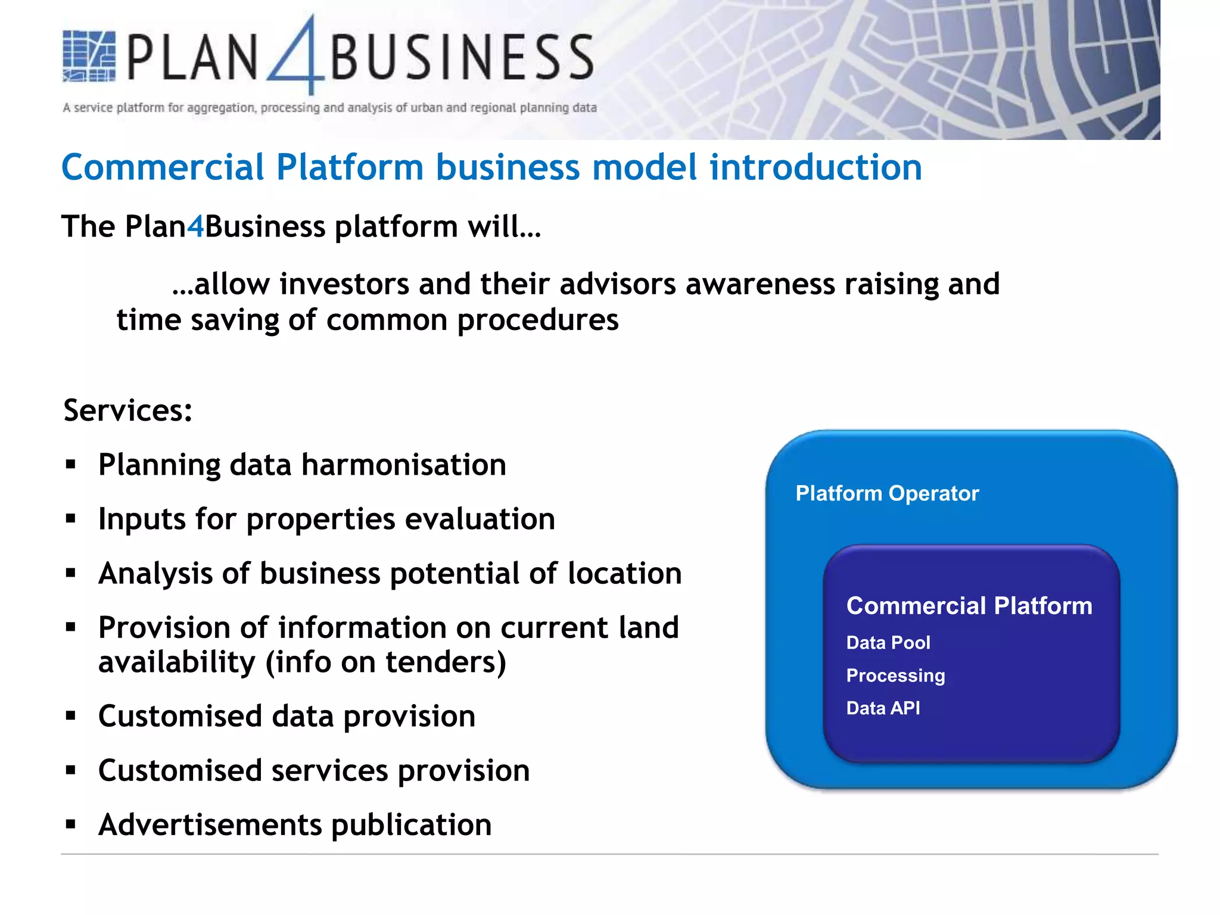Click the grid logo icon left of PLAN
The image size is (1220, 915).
pyautogui.click(x=89, y=57)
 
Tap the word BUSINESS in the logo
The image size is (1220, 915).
pyautogui.click(x=462, y=58)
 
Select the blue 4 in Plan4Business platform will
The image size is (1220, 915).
pyautogui.click(x=195, y=227)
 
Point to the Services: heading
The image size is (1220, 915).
pyautogui.click(x=128, y=410)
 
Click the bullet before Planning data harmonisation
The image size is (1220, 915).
pyautogui.click(x=71, y=465)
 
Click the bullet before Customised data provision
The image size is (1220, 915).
pyautogui.click(x=71, y=716)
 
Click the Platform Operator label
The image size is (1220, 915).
pyautogui.click(x=887, y=493)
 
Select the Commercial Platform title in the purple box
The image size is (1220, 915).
pyautogui.click(x=969, y=606)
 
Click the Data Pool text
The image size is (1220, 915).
pyautogui.click(x=888, y=643)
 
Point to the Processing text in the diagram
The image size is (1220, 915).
pyautogui.click(x=895, y=676)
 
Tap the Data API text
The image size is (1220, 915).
pyautogui.click(x=883, y=708)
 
